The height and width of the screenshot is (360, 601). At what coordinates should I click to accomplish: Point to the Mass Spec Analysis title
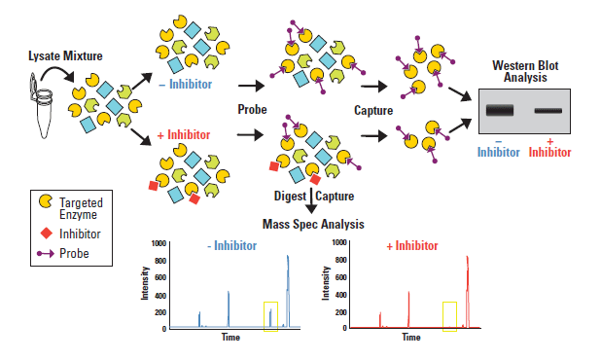click(312, 224)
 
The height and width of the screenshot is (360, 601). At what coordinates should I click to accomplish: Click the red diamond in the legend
click(44, 234)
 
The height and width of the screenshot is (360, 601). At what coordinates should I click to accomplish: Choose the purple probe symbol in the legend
click(44, 254)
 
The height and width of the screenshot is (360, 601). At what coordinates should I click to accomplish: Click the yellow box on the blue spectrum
click(270, 316)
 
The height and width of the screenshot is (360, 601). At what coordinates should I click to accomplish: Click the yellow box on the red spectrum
click(449, 316)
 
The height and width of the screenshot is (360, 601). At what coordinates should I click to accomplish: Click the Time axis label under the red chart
click(411, 337)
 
